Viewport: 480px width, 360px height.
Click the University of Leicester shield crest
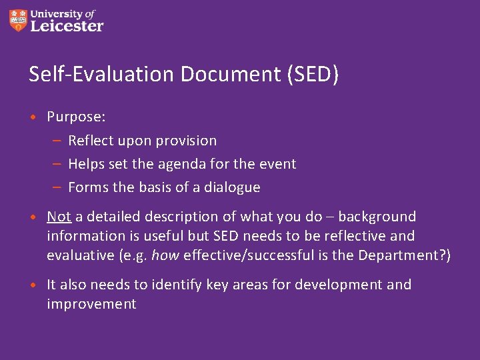19,21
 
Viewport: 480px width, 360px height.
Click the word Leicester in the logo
67,27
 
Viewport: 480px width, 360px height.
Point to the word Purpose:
76,117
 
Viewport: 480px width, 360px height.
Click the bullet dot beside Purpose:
33,117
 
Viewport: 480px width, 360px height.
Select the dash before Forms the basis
57,187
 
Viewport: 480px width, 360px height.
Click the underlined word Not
59,217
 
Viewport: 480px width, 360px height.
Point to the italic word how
165,255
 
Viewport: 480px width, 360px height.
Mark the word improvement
91,304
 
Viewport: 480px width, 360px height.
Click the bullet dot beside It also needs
33,285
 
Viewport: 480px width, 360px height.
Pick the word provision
186,141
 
